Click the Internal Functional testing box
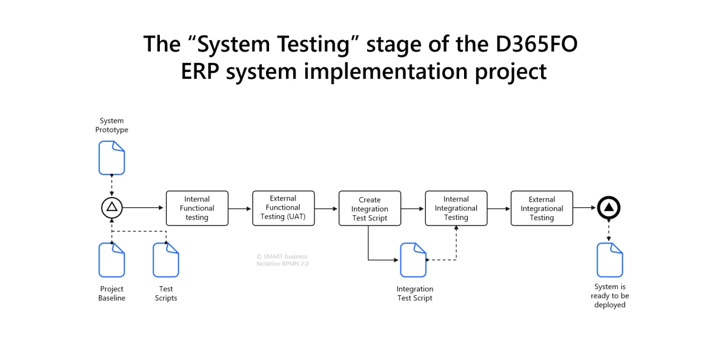tap(197, 208)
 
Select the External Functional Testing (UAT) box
tap(284, 208)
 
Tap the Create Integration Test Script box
tap(370, 208)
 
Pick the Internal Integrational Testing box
tap(456, 208)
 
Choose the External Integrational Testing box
tap(542, 208)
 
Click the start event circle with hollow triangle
tap(112, 208)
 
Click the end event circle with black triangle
tap(609, 208)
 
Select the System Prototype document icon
tap(112, 158)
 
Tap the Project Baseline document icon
tap(112, 260)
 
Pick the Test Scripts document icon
tap(166, 260)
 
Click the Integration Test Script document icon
tap(413, 260)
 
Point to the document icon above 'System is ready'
tap(609, 260)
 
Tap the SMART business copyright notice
tap(282, 260)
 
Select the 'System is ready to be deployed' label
tap(609, 296)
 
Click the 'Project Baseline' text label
tap(112, 293)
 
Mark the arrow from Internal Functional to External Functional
tap(241, 208)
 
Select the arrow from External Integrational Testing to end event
tap(585, 208)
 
